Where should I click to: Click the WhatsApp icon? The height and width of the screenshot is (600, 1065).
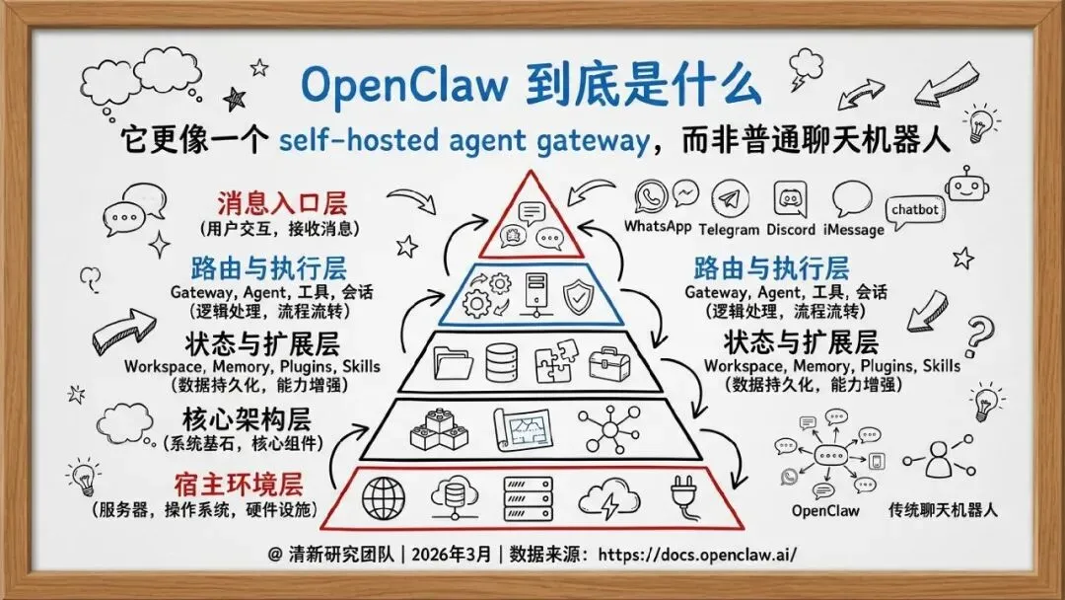pyautogui.click(x=652, y=197)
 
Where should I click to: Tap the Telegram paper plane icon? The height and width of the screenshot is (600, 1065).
pyautogui.click(x=728, y=198)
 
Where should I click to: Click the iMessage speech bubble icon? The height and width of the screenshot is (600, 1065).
pyautogui.click(x=851, y=200)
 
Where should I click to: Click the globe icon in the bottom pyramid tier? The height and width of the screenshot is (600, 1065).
pyautogui.click(x=383, y=496)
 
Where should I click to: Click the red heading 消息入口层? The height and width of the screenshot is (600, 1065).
pyautogui.click(x=282, y=205)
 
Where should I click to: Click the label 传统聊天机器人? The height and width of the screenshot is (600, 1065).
pyautogui.click(x=943, y=510)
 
